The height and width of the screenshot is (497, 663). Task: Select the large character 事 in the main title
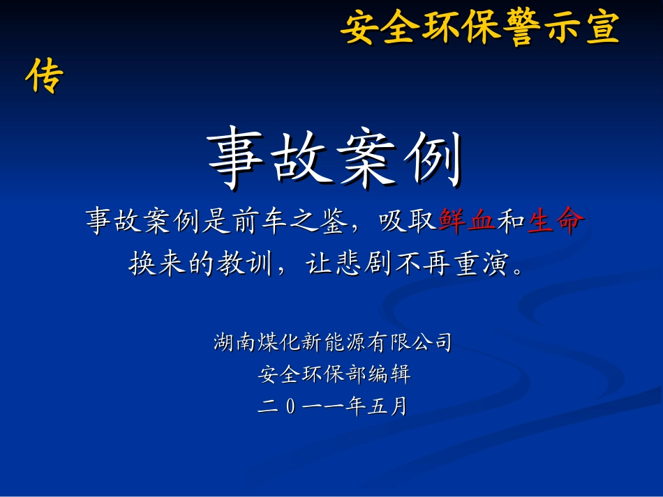(x=237, y=160)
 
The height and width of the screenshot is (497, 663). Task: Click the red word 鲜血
(x=467, y=222)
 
